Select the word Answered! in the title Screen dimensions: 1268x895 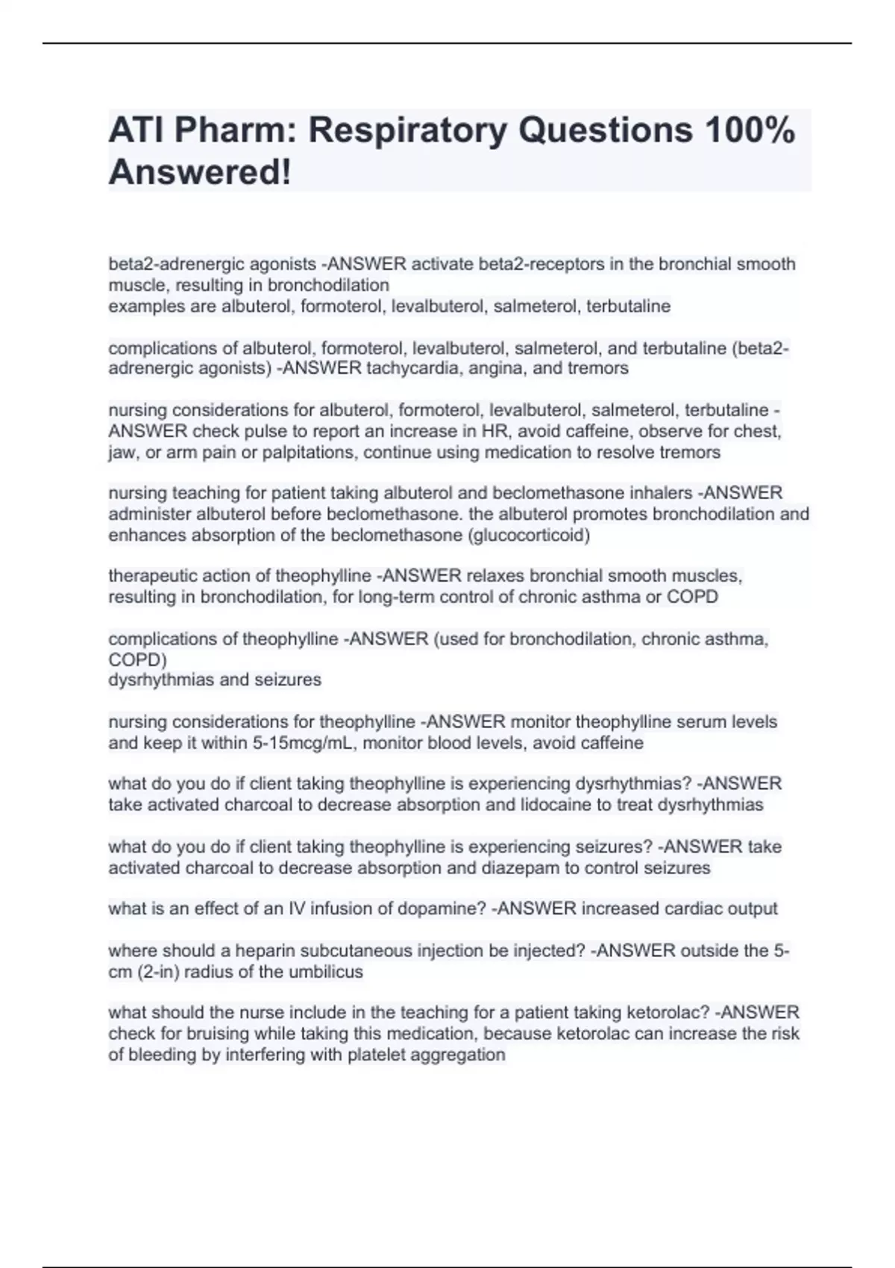pyautogui.click(x=200, y=172)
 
